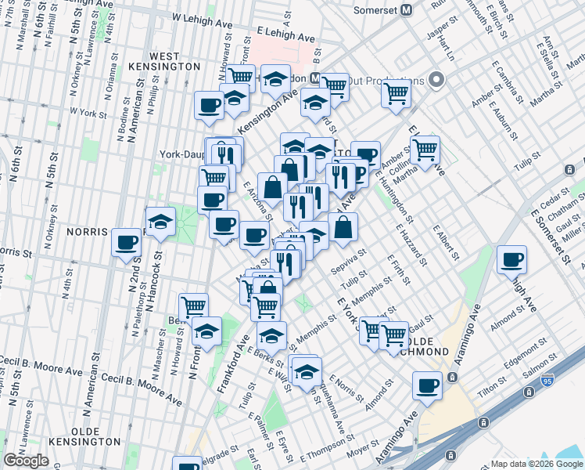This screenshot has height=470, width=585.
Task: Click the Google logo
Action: pyautogui.click(x=26, y=461)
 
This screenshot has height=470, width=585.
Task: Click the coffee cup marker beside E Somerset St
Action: pyautogui.click(x=512, y=260)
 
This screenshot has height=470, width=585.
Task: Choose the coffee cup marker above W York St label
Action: pyautogui.click(x=210, y=105)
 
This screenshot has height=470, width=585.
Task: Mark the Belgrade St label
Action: pyautogui.click(x=220, y=452)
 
